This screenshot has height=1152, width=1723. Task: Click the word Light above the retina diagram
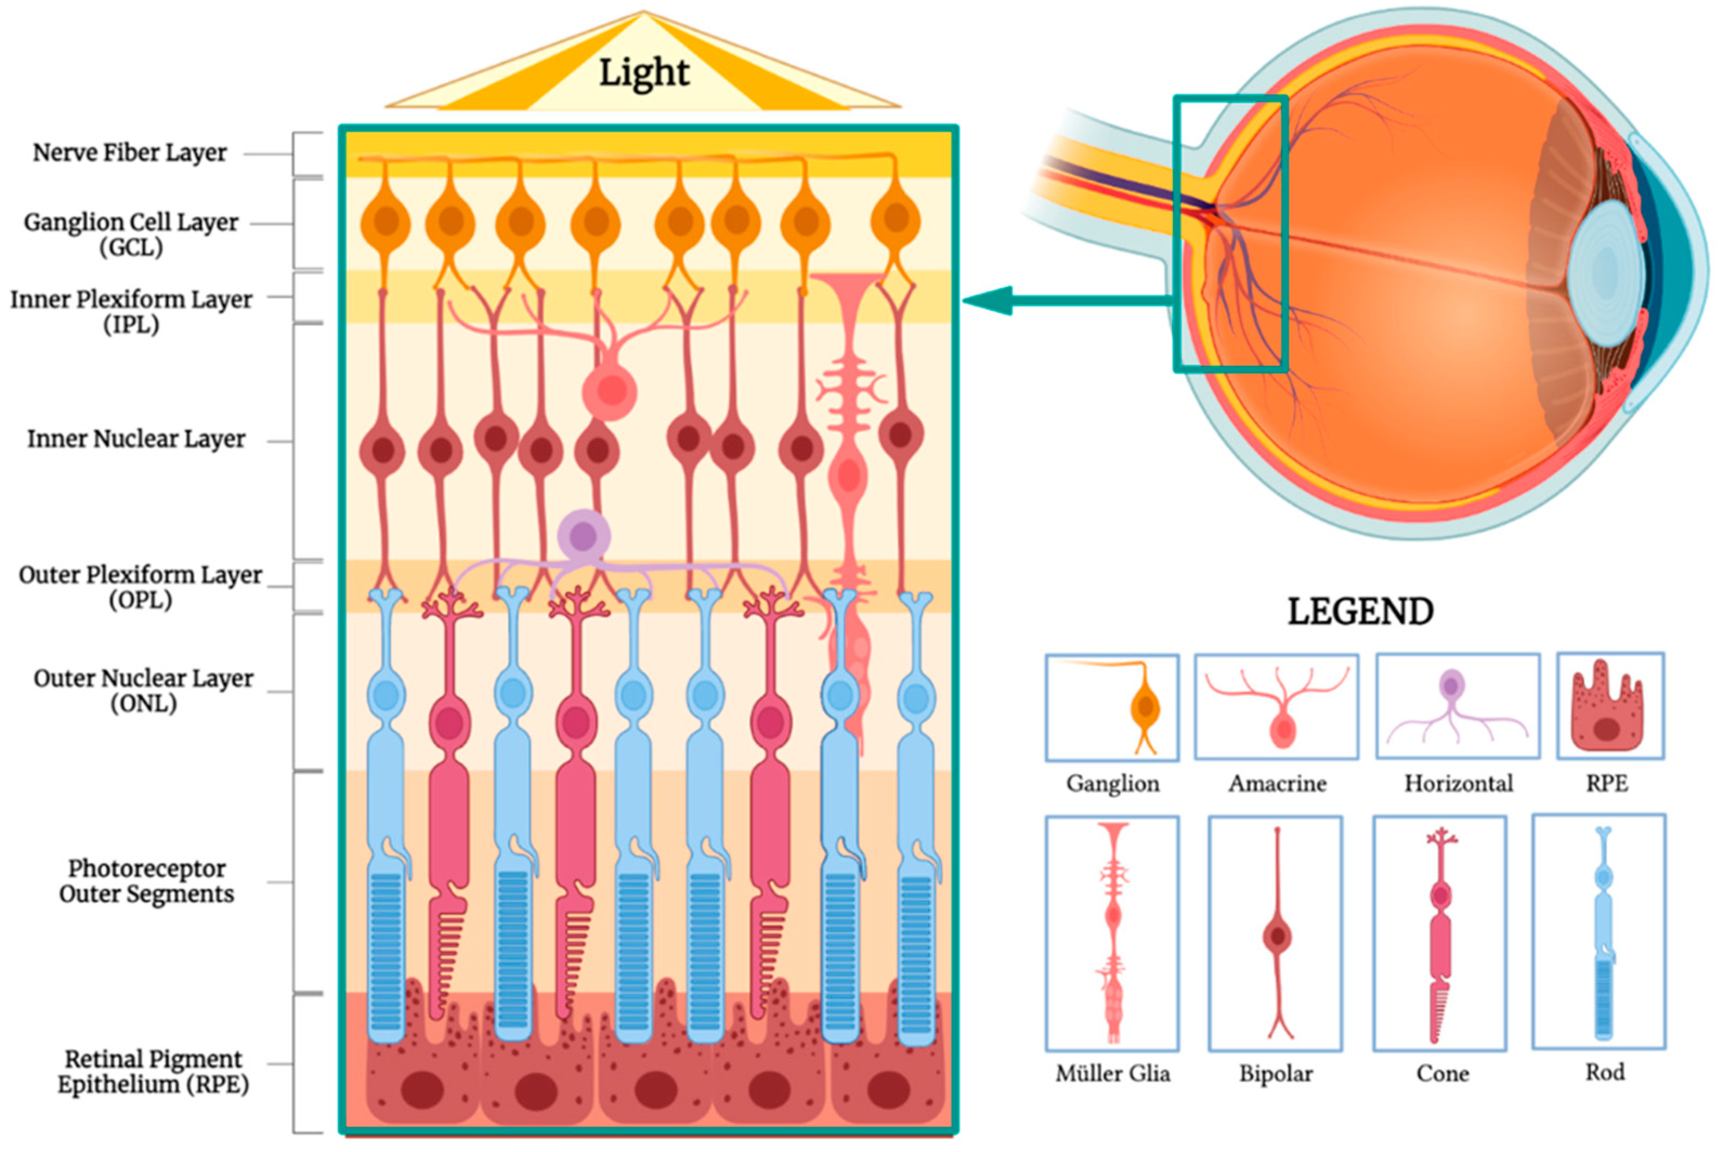(x=644, y=73)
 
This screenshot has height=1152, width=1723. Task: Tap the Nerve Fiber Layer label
(x=129, y=153)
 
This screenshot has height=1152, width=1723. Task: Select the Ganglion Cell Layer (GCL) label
(x=131, y=234)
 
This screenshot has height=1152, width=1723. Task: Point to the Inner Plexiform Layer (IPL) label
(x=131, y=311)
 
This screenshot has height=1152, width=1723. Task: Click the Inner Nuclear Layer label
(x=136, y=438)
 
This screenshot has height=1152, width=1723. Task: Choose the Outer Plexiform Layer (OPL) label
(x=140, y=586)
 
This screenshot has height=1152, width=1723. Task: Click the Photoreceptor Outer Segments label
(x=146, y=880)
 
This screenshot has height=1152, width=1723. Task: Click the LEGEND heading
(x=1360, y=612)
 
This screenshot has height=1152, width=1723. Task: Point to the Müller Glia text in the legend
(x=1112, y=1074)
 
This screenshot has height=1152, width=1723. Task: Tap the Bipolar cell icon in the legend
(x=1276, y=934)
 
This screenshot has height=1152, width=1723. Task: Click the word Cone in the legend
(x=1443, y=1074)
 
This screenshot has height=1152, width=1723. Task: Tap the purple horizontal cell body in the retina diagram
(x=583, y=535)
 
